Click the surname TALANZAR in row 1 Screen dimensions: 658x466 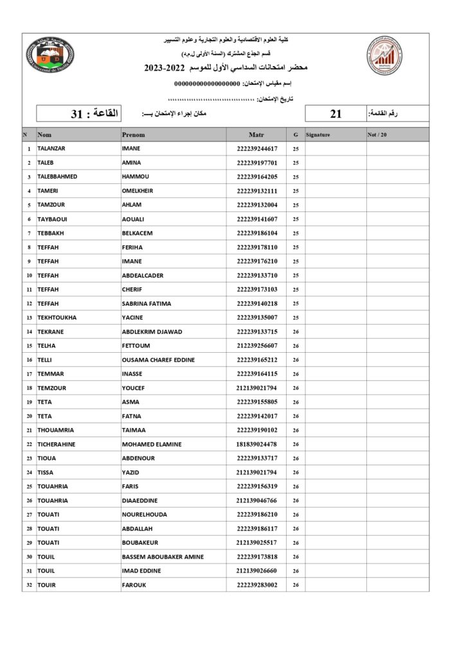51,148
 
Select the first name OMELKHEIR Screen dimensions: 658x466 138,191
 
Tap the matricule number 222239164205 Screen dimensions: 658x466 256,177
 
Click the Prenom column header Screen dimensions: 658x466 134,135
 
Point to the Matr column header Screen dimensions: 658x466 256,135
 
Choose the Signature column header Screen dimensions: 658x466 318,135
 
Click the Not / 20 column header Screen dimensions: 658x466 377,135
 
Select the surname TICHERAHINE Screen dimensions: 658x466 57,444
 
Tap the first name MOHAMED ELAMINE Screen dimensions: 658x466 152,444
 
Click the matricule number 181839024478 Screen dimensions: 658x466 256,444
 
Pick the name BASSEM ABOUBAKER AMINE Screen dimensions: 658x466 163,556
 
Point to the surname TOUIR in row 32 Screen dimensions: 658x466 46,585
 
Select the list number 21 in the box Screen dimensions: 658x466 336,114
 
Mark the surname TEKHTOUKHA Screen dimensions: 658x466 57,317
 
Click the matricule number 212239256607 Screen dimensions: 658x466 256,346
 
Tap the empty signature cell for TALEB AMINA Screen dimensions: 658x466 335,163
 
